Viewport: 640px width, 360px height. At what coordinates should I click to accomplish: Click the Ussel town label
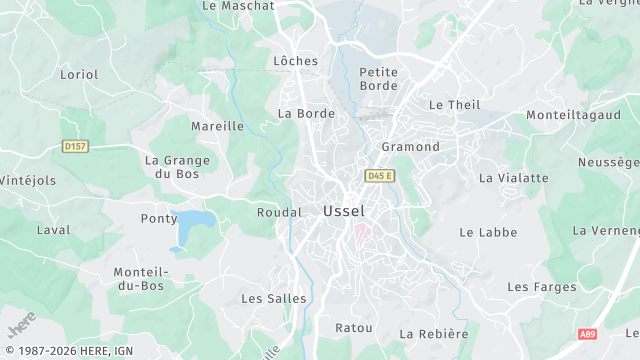(344, 212)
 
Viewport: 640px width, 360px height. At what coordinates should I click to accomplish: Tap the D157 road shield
(75, 146)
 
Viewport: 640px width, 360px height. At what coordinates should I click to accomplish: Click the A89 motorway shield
(587, 334)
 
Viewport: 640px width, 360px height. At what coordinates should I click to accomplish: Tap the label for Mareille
(217, 127)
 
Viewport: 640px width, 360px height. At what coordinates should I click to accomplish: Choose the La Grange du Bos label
(177, 166)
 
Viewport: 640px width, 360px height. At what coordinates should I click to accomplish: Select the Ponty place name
(159, 218)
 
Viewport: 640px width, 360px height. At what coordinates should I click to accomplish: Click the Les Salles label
(266, 298)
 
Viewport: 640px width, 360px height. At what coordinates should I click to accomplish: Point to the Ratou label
(354, 328)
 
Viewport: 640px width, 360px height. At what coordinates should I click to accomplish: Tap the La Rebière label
(434, 334)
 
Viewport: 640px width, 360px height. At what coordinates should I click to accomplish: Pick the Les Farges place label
(542, 287)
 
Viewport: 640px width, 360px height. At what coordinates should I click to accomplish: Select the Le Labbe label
(488, 232)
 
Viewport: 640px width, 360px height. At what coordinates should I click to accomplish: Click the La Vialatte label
(514, 178)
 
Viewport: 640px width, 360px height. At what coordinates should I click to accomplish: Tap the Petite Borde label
(379, 78)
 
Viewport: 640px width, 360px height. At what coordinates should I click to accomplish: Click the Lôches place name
(296, 61)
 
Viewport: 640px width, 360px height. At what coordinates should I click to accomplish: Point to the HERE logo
(22, 325)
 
